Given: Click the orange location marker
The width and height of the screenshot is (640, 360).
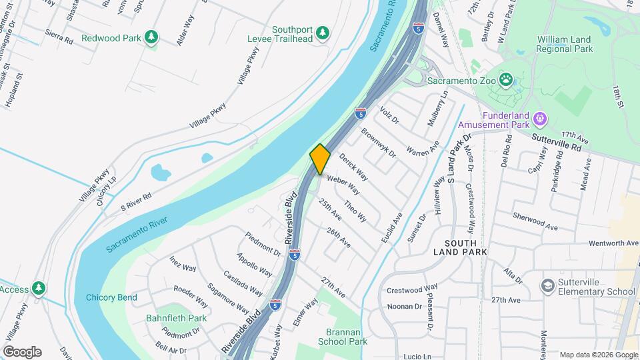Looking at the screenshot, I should (320, 159).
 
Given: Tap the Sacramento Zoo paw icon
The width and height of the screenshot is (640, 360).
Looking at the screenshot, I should (507, 81).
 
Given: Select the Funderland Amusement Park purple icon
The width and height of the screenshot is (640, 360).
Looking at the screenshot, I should (539, 119).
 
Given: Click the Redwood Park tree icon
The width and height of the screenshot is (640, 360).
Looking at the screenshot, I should (152, 37).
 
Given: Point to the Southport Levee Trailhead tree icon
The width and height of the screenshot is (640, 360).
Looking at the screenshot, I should (323, 33).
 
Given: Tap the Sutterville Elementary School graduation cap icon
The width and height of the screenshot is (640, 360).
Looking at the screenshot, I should (548, 285).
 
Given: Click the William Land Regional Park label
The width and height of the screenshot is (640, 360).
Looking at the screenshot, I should (565, 45).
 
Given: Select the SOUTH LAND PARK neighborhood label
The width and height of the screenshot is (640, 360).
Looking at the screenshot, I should (460, 247).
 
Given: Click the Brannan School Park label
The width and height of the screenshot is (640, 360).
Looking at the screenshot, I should (347, 337).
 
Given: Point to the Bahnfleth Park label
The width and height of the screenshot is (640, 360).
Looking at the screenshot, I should (177, 318).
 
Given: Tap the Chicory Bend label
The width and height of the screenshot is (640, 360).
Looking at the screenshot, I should (111, 297).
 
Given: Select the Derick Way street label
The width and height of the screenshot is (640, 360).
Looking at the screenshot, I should (353, 167).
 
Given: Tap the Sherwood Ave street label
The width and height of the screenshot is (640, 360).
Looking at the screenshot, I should (535, 221).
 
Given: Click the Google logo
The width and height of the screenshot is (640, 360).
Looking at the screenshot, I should (22, 352).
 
